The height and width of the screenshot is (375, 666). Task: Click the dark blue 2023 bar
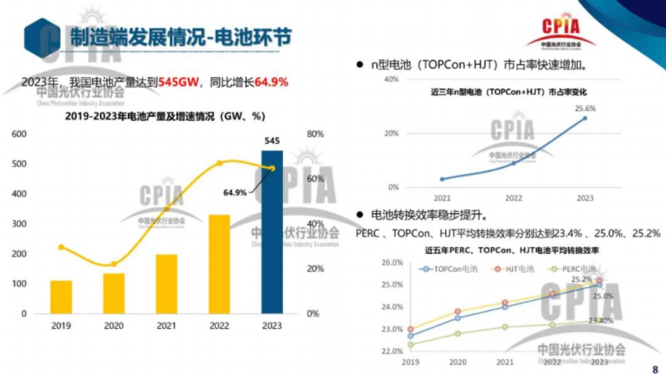pos(272,232)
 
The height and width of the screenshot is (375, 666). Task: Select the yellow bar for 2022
pos(219,264)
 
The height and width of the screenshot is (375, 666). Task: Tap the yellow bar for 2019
pos(61,297)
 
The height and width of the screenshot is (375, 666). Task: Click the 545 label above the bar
pos(272,141)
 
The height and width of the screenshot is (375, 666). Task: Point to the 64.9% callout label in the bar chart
pos(235,192)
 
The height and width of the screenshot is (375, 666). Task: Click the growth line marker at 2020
pos(114,264)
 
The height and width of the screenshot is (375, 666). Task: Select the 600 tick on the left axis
pos(19,134)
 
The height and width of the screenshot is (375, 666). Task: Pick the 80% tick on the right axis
pos(315,134)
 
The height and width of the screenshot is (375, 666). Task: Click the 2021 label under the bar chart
pos(167,326)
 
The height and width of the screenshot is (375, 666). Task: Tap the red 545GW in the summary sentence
pos(177,82)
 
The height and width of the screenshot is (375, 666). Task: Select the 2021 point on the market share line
pos(442,179)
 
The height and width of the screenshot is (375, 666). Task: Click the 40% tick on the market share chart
pos(391,79)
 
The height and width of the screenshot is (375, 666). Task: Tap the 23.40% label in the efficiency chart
pos(601,321)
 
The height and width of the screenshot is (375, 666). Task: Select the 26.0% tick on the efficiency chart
pos(392,262)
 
